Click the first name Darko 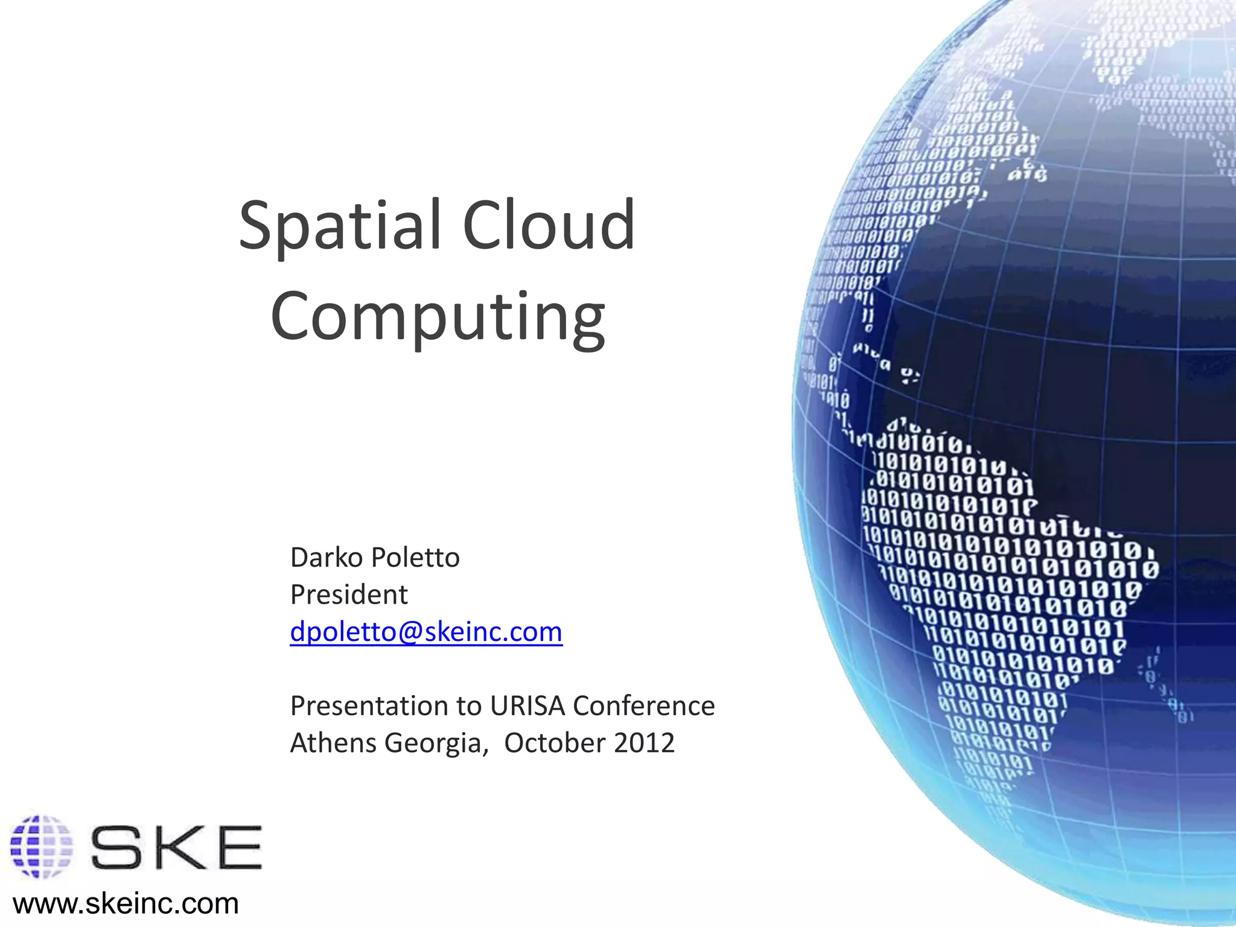tap(323, 557)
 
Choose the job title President tap(349, 595)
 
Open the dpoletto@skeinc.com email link tap(426, 632)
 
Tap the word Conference tap(644, 706)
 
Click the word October tap(555, 743)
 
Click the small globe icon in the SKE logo tap(41, 846)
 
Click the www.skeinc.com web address tap(126, 903)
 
